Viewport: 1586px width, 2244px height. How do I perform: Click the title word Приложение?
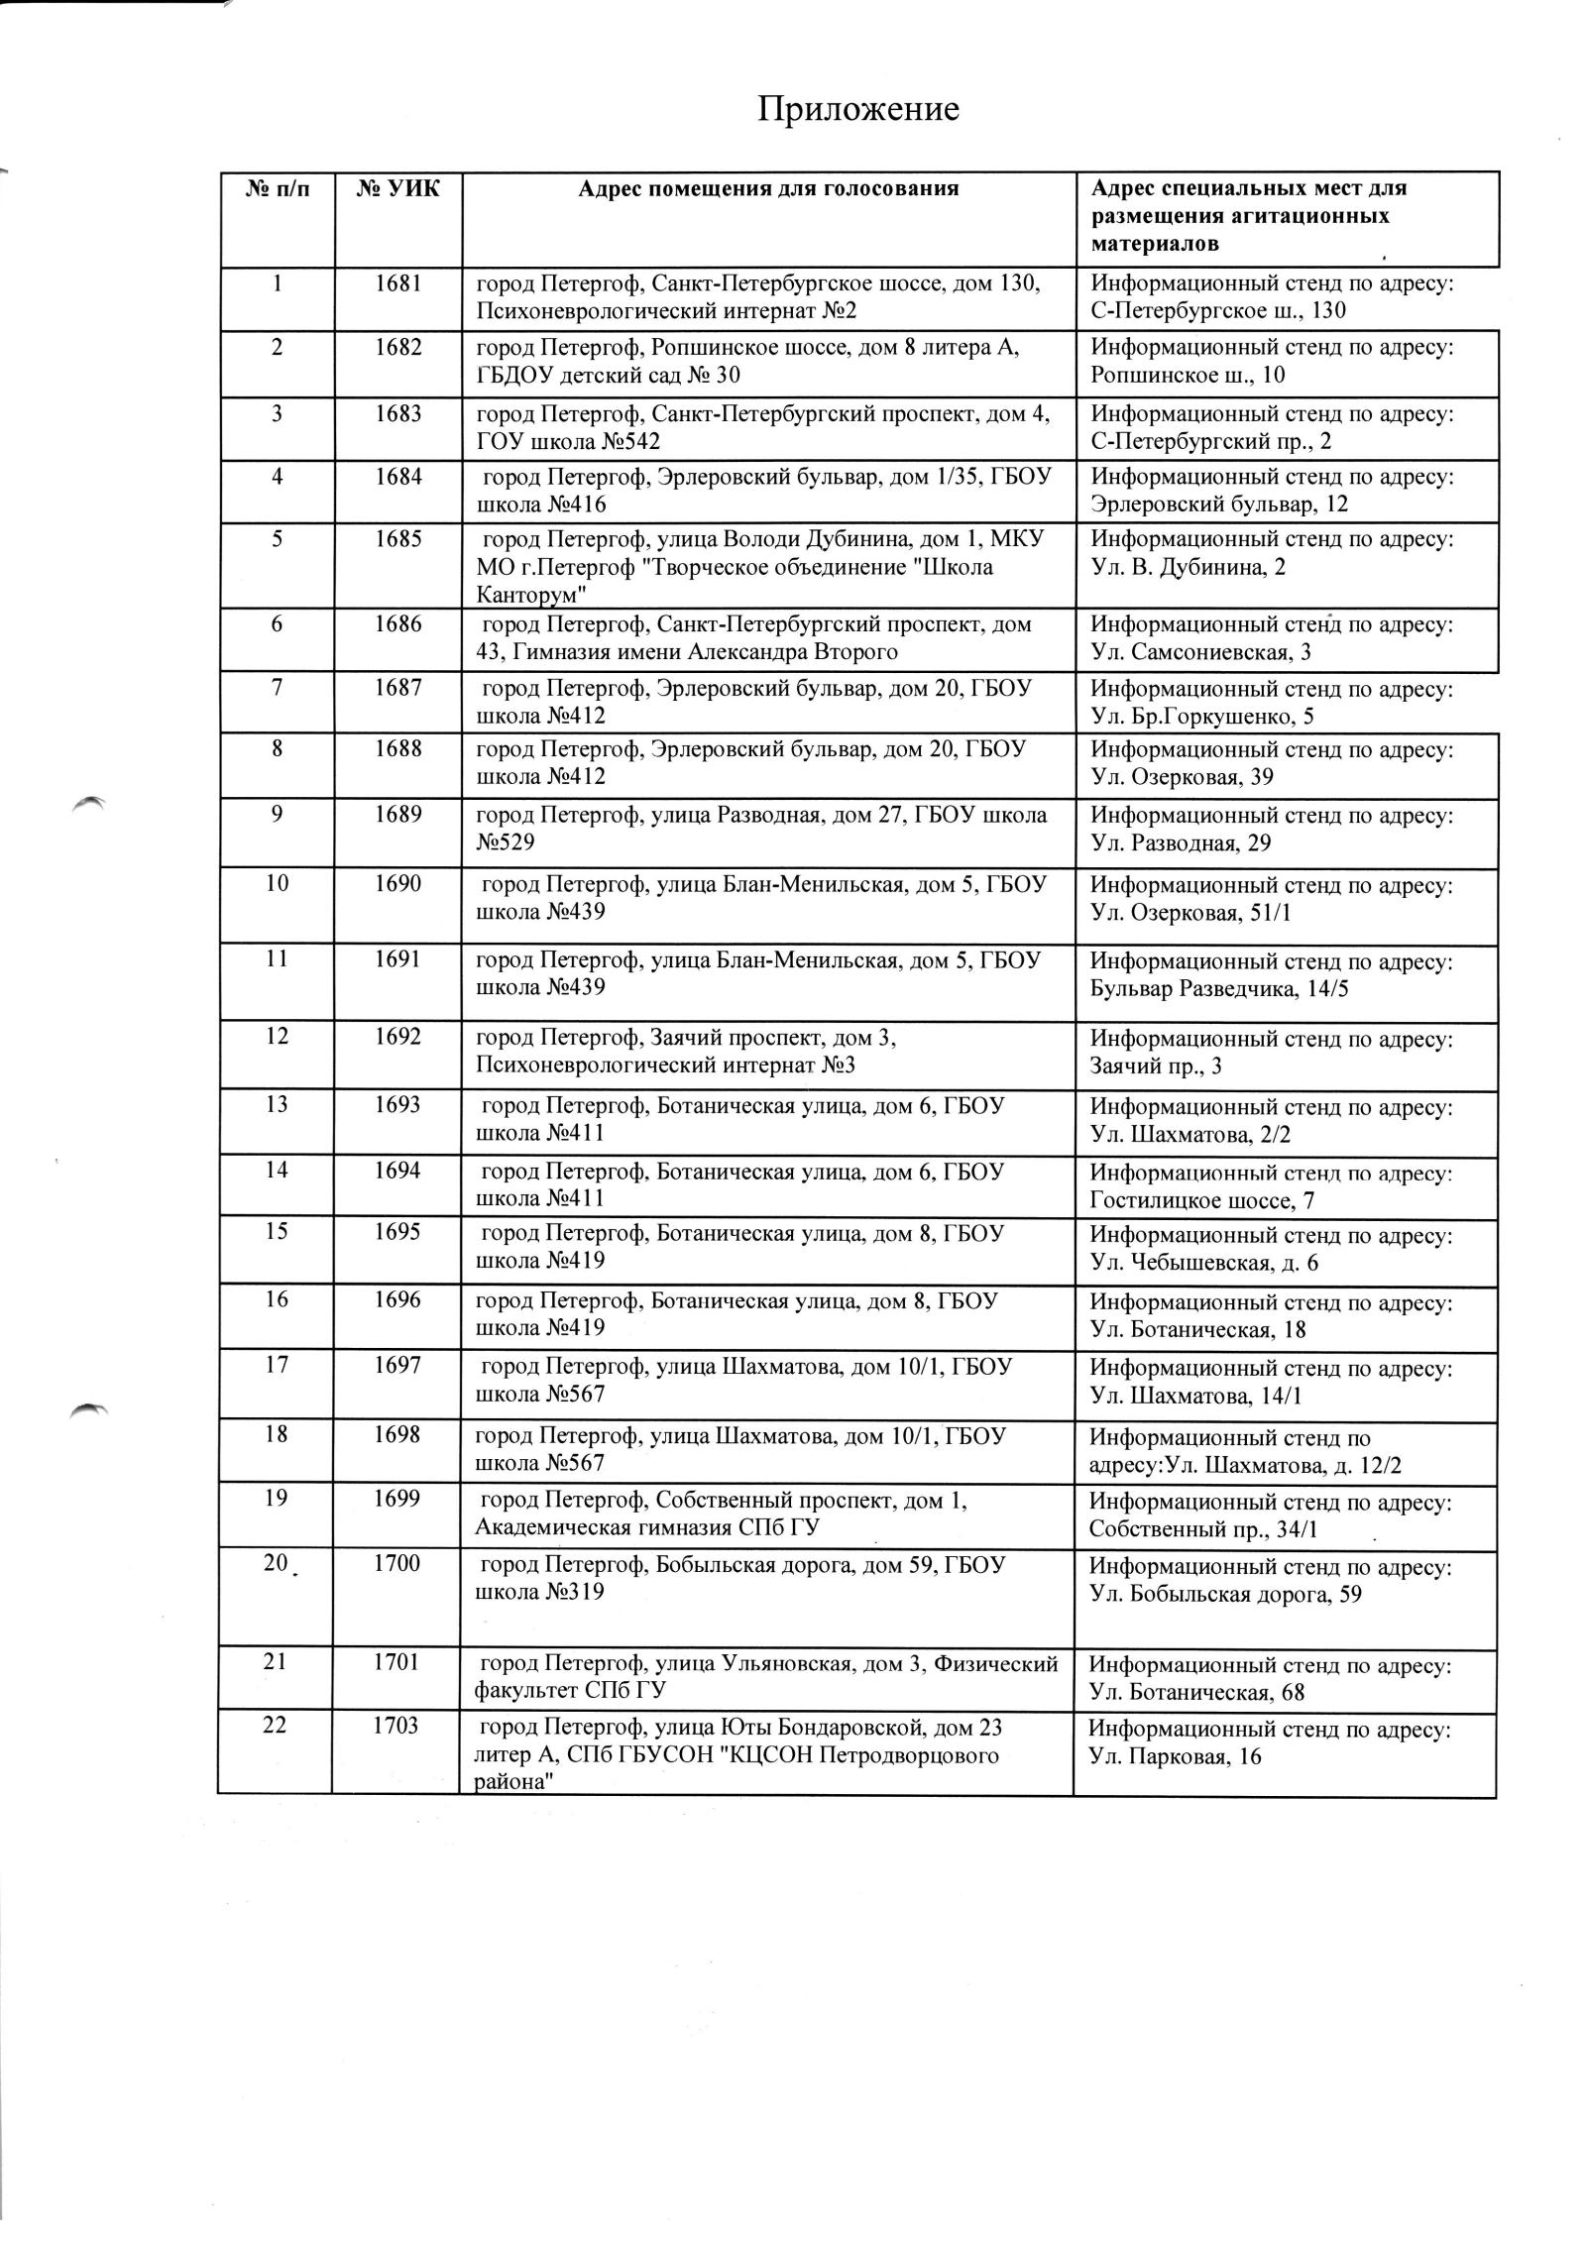tap(858, 108)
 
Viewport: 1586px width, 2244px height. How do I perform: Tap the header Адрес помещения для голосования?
tap(768, 188)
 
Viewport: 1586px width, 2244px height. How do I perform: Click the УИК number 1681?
tap(397, 283)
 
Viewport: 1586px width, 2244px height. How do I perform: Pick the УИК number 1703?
tap(396, 1726)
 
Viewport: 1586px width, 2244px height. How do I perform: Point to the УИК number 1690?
tap(397, 883)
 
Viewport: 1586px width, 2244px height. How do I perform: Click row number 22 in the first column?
tap(275, 1726)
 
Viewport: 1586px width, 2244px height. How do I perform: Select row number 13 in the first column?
tap(277, 1104)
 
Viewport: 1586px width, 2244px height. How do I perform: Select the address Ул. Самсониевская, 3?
tap(1200, 652)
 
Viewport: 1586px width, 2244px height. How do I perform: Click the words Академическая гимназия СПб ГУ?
tap(646, 1527)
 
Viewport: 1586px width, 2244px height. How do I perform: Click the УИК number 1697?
tap(397, 1366)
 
